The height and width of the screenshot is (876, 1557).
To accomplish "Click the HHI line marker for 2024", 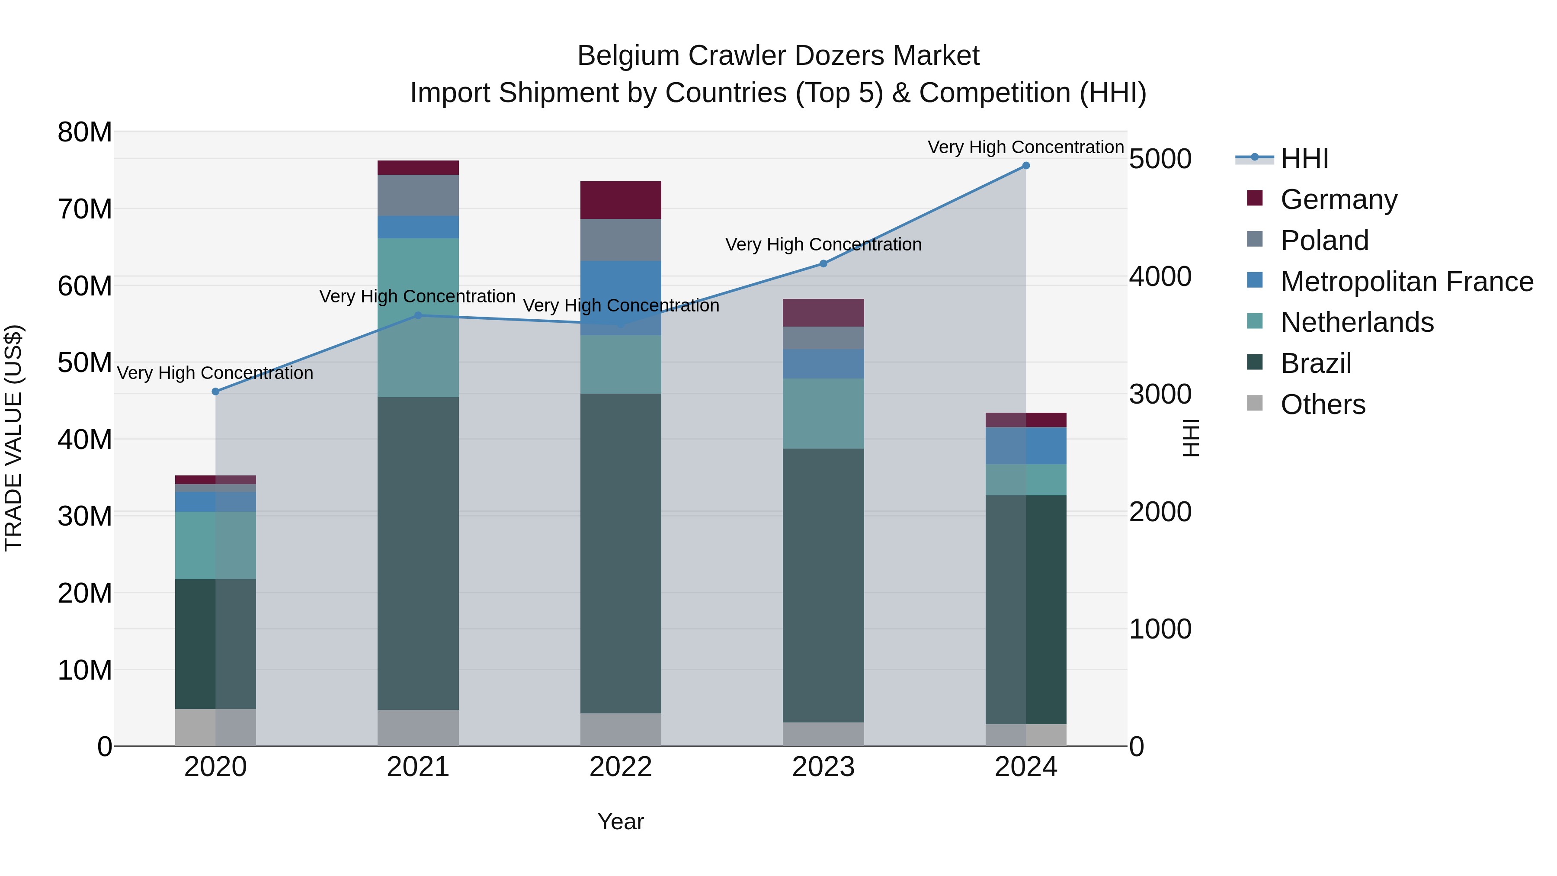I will pos(1026,166).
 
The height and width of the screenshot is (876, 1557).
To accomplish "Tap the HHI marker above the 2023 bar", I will pos(823,263).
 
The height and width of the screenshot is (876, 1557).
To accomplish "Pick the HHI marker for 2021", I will pos(418,316).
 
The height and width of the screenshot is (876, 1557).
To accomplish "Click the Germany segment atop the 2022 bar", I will pos(621,200).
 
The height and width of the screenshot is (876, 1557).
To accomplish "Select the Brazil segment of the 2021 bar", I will pos(418,553).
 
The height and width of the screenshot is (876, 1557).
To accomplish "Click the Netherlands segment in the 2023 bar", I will pos(823,414).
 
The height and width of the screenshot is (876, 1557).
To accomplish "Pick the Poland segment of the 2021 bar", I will pos(418,195).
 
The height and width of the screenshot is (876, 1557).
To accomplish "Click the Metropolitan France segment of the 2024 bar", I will pos(1026,446).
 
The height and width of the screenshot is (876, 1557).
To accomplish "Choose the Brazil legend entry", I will pos(1316,363).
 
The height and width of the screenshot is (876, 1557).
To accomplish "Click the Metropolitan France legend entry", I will pos(1406,282).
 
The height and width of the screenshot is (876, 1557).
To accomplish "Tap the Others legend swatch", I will pos(1255,403).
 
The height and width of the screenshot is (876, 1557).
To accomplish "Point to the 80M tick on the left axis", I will pos(85,132).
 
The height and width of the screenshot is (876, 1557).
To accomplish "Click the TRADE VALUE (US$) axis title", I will pos(13,438).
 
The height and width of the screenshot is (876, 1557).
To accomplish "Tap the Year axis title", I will pos(621,821).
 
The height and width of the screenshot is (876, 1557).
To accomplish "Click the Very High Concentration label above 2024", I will pos(1026,147).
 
